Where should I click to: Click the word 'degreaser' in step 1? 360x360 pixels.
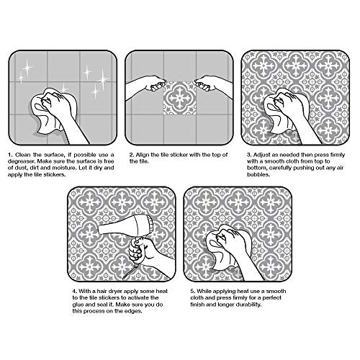pyautogui.click(x=21, y=161)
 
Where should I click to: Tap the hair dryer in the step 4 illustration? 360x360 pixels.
pyautogui.click(x=125, y=225)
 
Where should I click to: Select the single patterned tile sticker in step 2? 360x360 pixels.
pyautogui.click(x=179, y=98)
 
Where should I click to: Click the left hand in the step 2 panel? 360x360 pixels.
pyautogui.click(x=146, y=84)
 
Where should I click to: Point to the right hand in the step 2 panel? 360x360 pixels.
pyautogui.click(x=213, y=86)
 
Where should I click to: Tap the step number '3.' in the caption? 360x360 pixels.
pyautogui.click(x=249, y=155)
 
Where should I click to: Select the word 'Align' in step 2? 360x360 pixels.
pyautogui.click(x=143, y=155)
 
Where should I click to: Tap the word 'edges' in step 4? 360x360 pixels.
pyautogui.click(x=133, y=311)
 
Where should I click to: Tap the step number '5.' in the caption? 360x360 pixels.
pyautogui.click(x=193, y=292)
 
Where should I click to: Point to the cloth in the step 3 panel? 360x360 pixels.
pyautogui.click(x=286, y=110)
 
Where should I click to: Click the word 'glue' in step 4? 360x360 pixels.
pyautogui.click(x=78, y=305)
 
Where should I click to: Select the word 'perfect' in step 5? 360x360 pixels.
pyautogui.click(x=271, y=298)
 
